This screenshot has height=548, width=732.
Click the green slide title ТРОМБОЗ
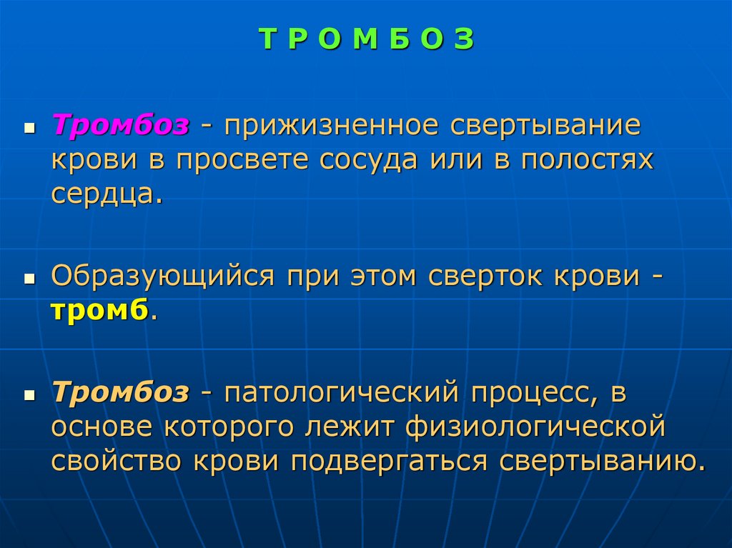click(366, 40)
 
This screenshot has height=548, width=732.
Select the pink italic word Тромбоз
click(120, 126)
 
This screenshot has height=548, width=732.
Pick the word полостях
click(587, 160)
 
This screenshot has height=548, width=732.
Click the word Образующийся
click(162, 276)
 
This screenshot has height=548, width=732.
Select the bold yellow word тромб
click(99, 310)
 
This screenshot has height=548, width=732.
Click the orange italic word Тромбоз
click(120, 392)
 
